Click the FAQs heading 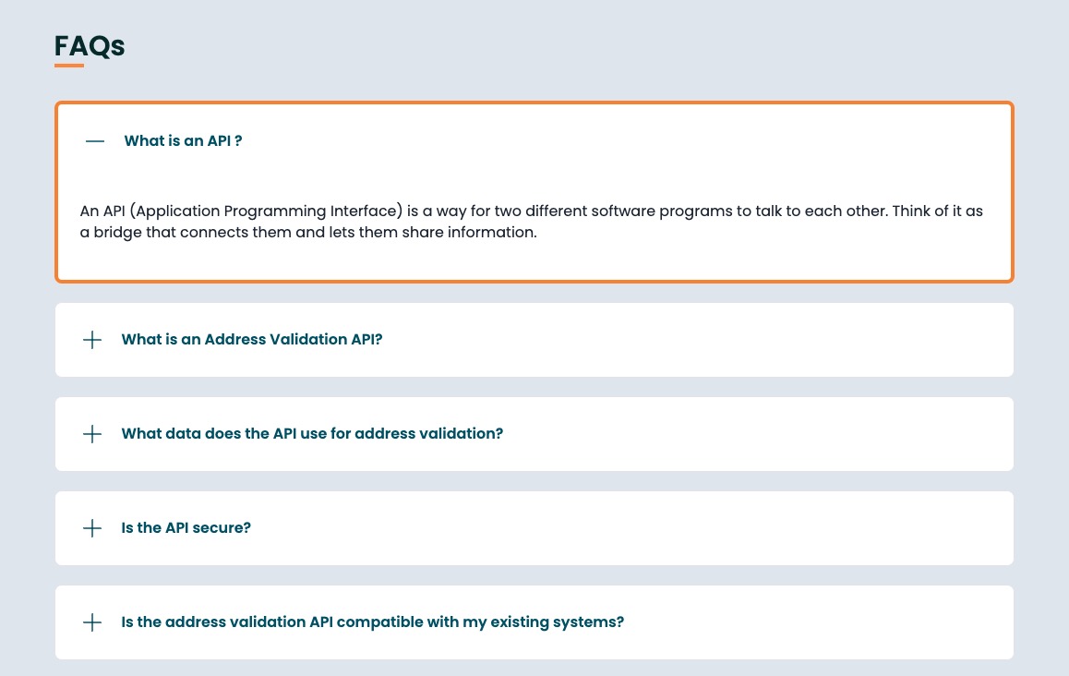pyautogui.click(x=90, y=45)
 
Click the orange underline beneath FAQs pyautogui.click(x=69, y=66)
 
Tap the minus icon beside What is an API pyautogui.click(x=95, y=141)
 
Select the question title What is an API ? pyautogui.click(x=183, y=140)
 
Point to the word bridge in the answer pyautogui.click(x=117, y=232)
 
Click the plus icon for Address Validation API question pyautogui.click(x=92, y=340)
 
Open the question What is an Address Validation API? pyautogui.click(x=252, y=339)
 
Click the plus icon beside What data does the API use pyautogui.click(x=92, y=434)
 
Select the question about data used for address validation pyautogui.click(x=312, y=433)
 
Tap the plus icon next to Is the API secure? pyautogui.click(x=92, y=528)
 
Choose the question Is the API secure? pyautogui.click(x=186, y=527)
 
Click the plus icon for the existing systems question pyautogui.click(x=92, y=622)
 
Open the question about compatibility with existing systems pyautogui.click(x=372, y=622)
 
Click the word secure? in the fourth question pyautogui.click(x=222, y=527)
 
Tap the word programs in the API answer pyautogui.click(x=695, y=211)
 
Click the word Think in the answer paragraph pyautogui.click(x=911, y=211)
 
